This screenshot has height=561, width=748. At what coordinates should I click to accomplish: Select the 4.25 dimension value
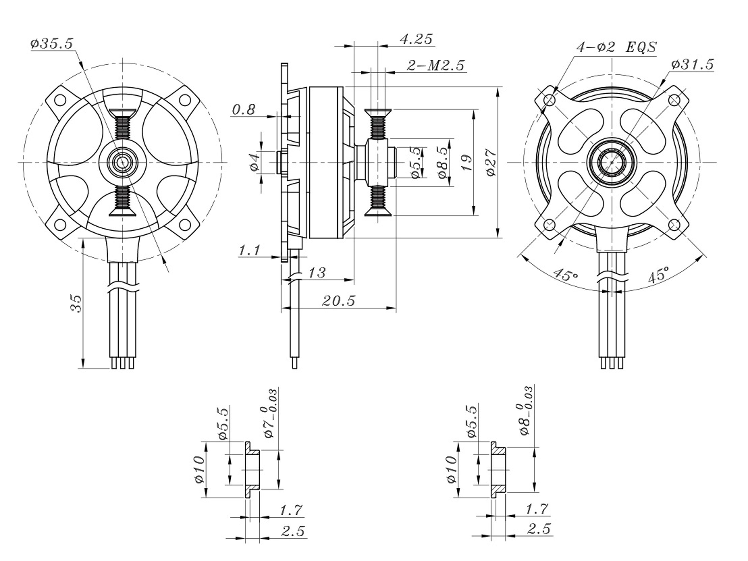coord(416,39)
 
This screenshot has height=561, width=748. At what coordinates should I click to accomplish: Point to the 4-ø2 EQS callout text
coord(616,47)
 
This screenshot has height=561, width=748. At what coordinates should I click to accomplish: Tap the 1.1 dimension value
coord(250,251)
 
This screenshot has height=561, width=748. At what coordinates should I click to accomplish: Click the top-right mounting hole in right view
coord(674,100)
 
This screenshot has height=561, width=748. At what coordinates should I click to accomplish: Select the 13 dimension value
coord(317,273)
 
